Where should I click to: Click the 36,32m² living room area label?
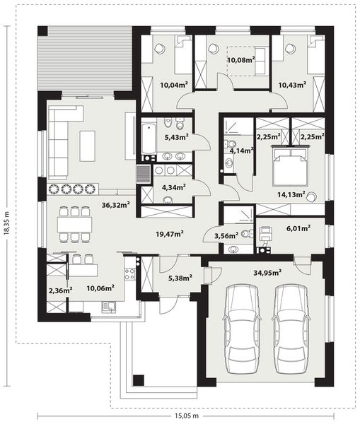(115, 205)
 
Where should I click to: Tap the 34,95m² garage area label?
(267, 273)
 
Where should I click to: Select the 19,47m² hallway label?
(170, 234)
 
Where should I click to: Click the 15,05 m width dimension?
(185, 416)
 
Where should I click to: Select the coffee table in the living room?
(87, 146)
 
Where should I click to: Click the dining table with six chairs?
(74, 224)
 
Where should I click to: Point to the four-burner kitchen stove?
(129, 273)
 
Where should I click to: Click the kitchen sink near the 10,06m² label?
(109, 307)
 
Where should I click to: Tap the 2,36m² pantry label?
(60, 290)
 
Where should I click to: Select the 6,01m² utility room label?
(298, 228)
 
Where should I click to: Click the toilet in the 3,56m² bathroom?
(247, 233)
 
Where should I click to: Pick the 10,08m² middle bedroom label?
(241, 59)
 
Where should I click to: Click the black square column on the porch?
(139, 380)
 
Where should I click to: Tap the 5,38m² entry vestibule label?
(180, 278)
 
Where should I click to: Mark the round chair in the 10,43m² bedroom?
(291, 49)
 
